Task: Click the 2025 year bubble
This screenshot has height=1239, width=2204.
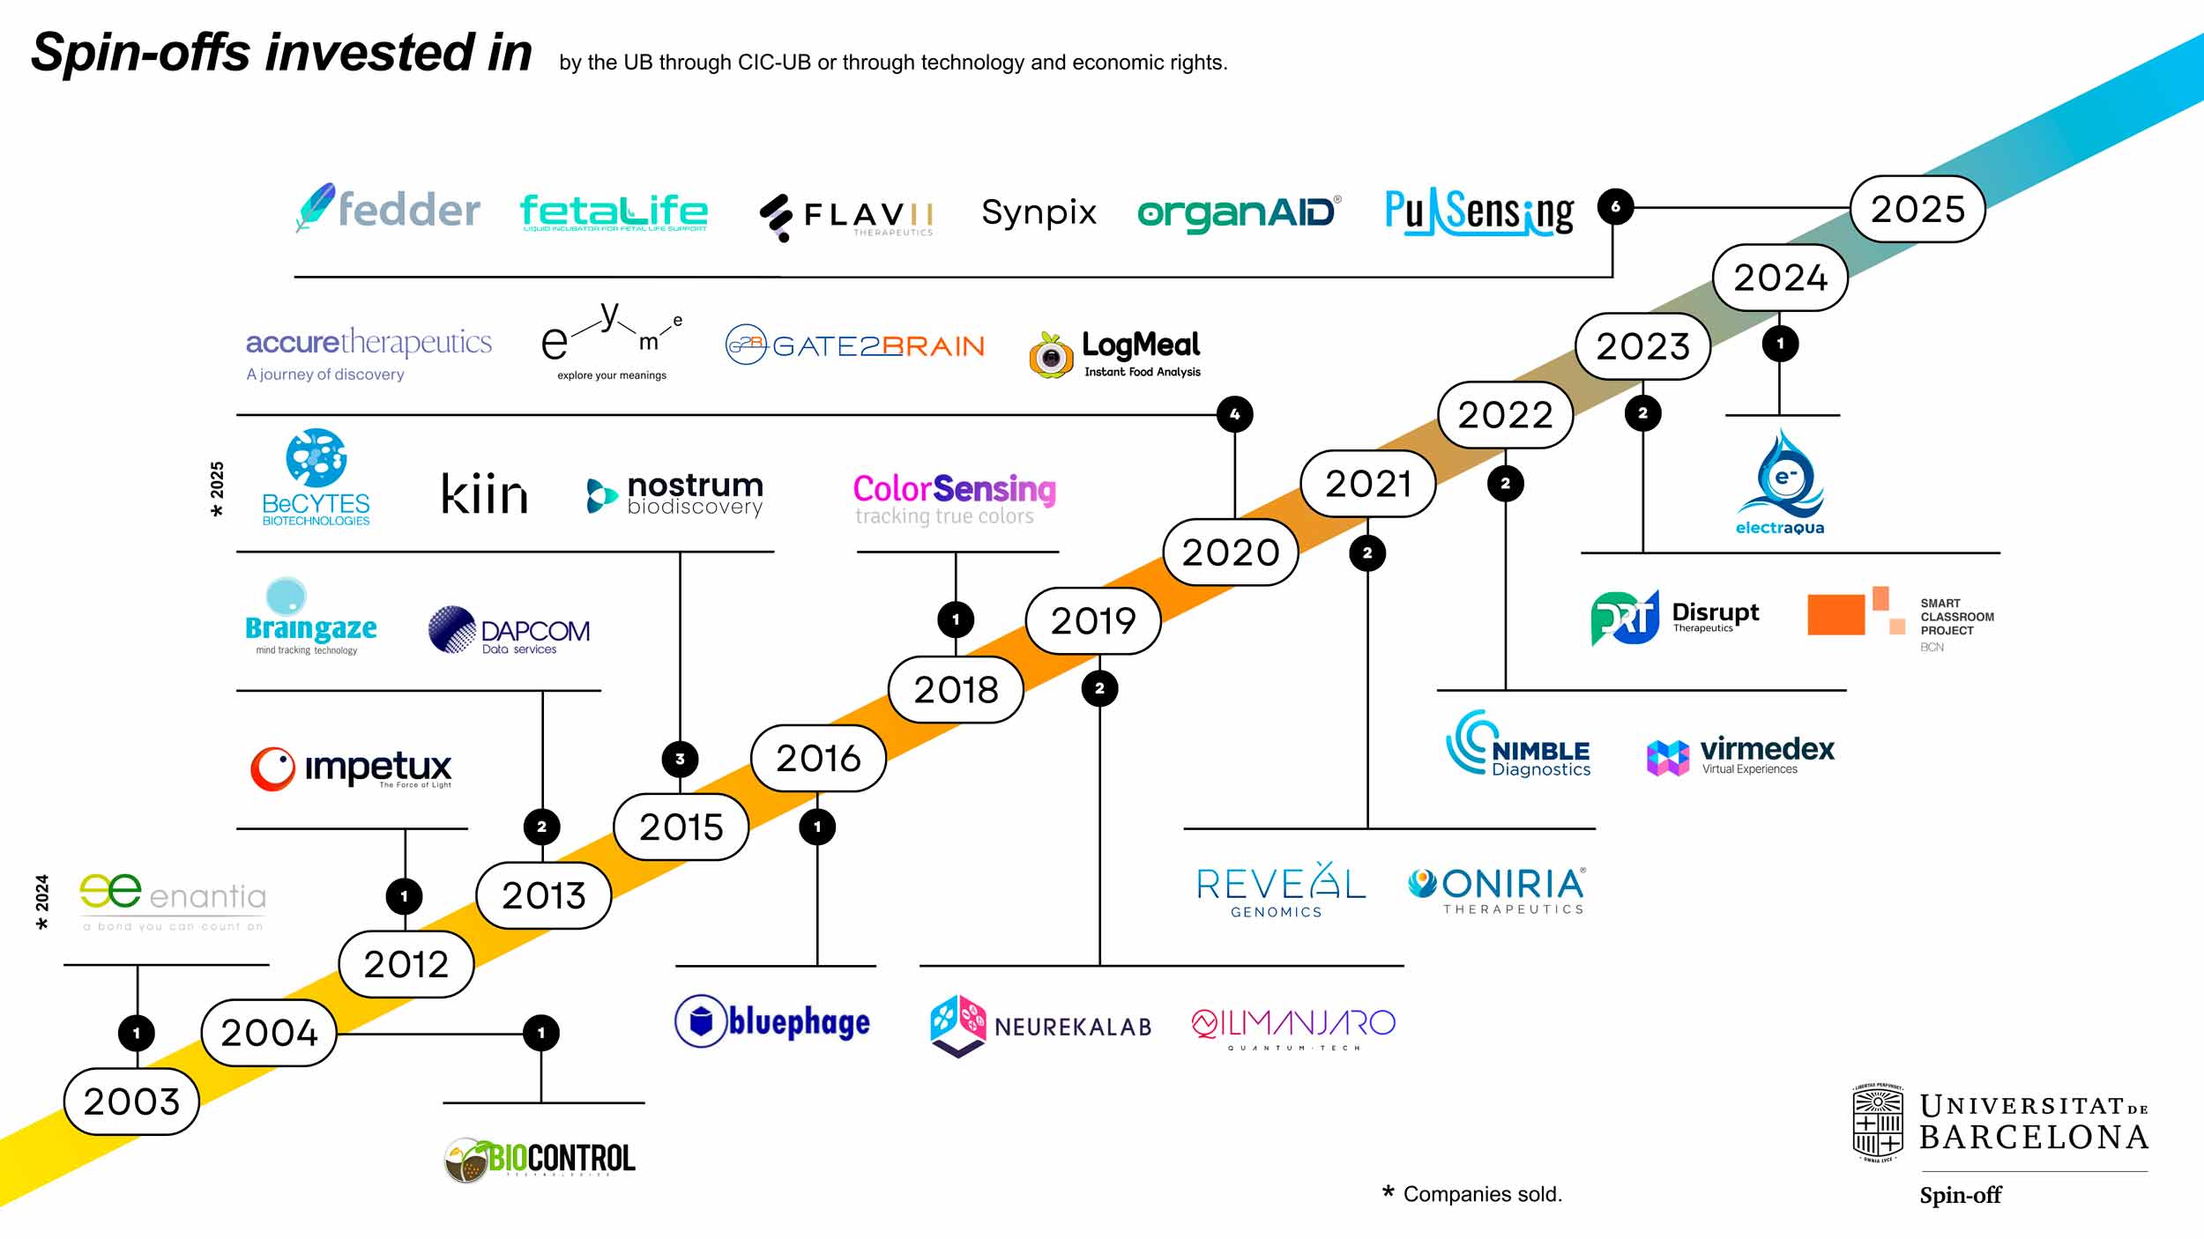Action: (1917, 209)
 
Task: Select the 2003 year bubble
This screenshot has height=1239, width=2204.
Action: (131, 1102)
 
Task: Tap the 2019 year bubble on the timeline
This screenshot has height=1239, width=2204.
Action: (1092, 621)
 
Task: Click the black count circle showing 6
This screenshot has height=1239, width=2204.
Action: (1615, 207)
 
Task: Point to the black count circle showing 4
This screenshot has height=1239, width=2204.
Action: (1234, 414)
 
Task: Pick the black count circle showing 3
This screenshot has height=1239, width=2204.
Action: (680, 759)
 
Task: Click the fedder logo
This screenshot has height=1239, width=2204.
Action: (389, 209)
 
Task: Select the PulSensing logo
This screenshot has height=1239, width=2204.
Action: (1478, 212)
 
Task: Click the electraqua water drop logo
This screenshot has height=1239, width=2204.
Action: (1780, 481)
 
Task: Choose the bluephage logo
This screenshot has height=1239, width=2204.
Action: (772, 1021)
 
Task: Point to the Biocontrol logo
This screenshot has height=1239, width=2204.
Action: (540, 1159)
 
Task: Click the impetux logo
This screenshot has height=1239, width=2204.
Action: (351, 768)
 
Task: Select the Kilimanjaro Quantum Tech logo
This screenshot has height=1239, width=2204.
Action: (1293, 1028)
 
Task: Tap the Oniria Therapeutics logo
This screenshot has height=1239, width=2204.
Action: (1496, 890)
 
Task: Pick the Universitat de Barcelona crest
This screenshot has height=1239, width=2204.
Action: (1877, 1123)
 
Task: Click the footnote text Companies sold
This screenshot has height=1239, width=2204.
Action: (1482, 1194)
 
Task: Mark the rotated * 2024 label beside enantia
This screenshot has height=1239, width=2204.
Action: (41, 901)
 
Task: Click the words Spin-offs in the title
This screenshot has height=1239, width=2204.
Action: (141, 53)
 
